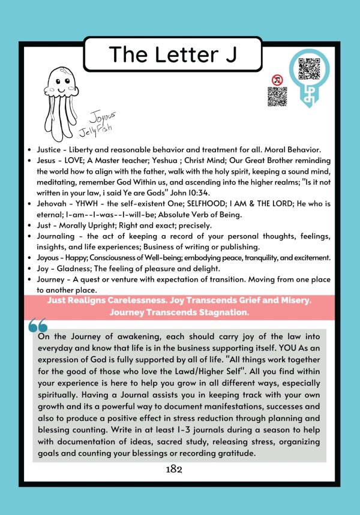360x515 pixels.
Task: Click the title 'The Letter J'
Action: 173,55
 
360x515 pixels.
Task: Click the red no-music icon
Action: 277,79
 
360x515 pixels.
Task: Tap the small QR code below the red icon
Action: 277,97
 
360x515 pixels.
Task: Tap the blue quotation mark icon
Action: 38,326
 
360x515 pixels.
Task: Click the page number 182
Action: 174,469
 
